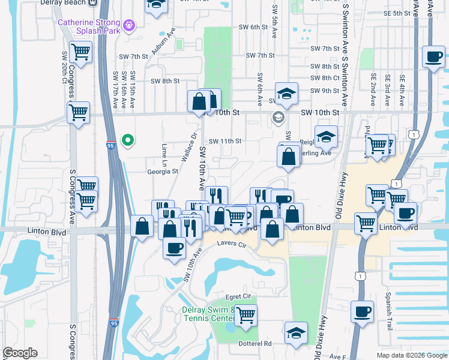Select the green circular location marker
[x=127, y=140]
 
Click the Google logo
[x=20, y=353]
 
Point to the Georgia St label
[x=164, y=171]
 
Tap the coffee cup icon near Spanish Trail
[x=362, y=311]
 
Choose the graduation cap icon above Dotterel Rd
[x=296, y=332]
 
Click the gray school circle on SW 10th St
[x=278, y=117]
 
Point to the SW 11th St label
[x=225, y=141]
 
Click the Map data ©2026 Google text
[x=411, y=355]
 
